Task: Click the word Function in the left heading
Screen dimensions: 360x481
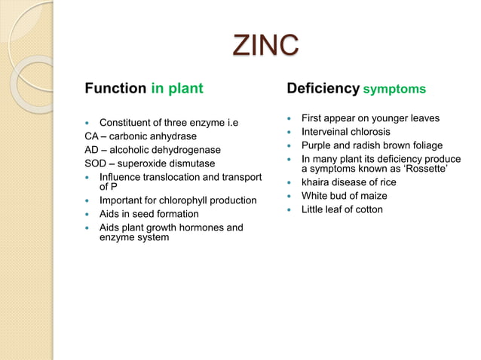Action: tap(115, 89)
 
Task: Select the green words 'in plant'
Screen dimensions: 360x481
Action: tap(176, 89)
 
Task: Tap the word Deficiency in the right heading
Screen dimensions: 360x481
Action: tap(322, 89)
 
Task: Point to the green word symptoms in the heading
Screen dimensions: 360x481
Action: tap(394, 90)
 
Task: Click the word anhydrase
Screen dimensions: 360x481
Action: tap(172, 136)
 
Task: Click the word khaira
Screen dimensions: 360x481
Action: tap(316, 182)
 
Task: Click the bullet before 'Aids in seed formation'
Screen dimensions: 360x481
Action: tap(88, 214)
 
